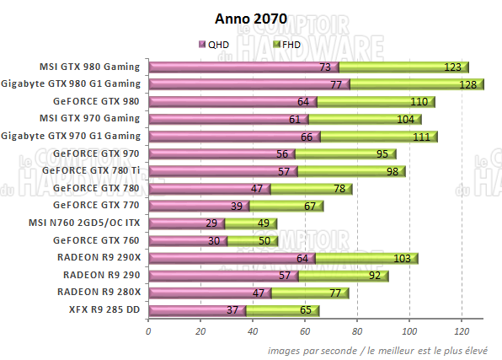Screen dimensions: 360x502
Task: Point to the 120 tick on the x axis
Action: tap(462, 330)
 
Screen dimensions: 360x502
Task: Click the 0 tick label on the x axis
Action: tap(148, 330)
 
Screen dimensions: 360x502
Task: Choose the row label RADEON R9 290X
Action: tap(99, 257)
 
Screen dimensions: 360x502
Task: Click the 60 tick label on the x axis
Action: tap(305, 330)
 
